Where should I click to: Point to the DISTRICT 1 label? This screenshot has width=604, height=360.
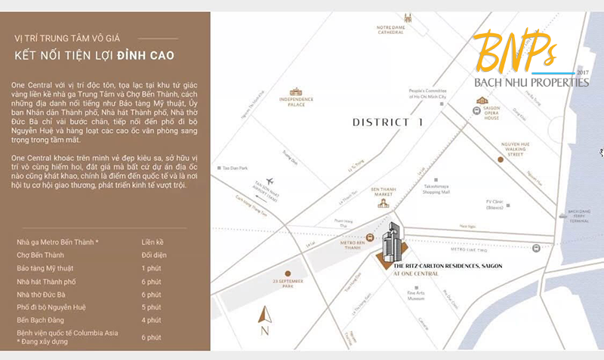click(x=389, y=122)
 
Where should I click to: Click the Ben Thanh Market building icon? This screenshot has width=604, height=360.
click(x=384, y=201)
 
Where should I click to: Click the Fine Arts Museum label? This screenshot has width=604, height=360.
click(x=416, y=296)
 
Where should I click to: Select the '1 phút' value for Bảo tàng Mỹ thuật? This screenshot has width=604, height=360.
click(x=151, y=268)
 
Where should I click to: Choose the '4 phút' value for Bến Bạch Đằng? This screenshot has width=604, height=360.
click(x=151, y=320)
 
